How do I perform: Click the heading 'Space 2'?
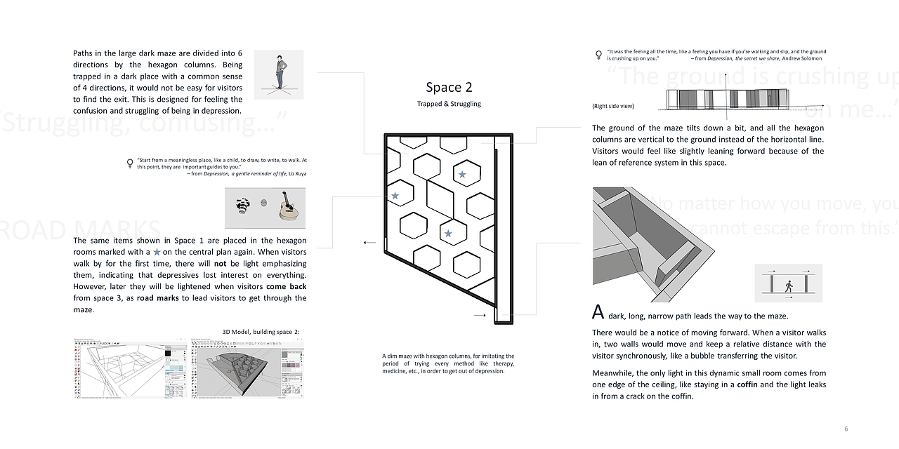click(x=449, y=87)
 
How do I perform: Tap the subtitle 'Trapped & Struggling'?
click(x=449, y=104)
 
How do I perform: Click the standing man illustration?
click(x=279, y=73)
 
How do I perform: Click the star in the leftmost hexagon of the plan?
click(x=395, y=196)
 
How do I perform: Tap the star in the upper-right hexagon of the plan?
click(x=462, y=174)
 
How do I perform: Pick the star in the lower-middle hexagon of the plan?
click(x=448, y=233)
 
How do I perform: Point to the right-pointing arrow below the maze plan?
click(x=480, y=316)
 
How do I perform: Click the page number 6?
click(x=846, y=428)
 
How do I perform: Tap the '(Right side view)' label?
click(x=613, y=106)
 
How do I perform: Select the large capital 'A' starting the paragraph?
click(x=598, y=312)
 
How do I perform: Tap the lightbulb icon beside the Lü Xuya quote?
click(x=129, y=163)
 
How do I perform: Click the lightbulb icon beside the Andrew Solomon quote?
click(x=599, y=53)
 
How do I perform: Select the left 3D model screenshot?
click(x=131, y=369)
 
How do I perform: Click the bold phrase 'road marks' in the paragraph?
click(x=155, y=298)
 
